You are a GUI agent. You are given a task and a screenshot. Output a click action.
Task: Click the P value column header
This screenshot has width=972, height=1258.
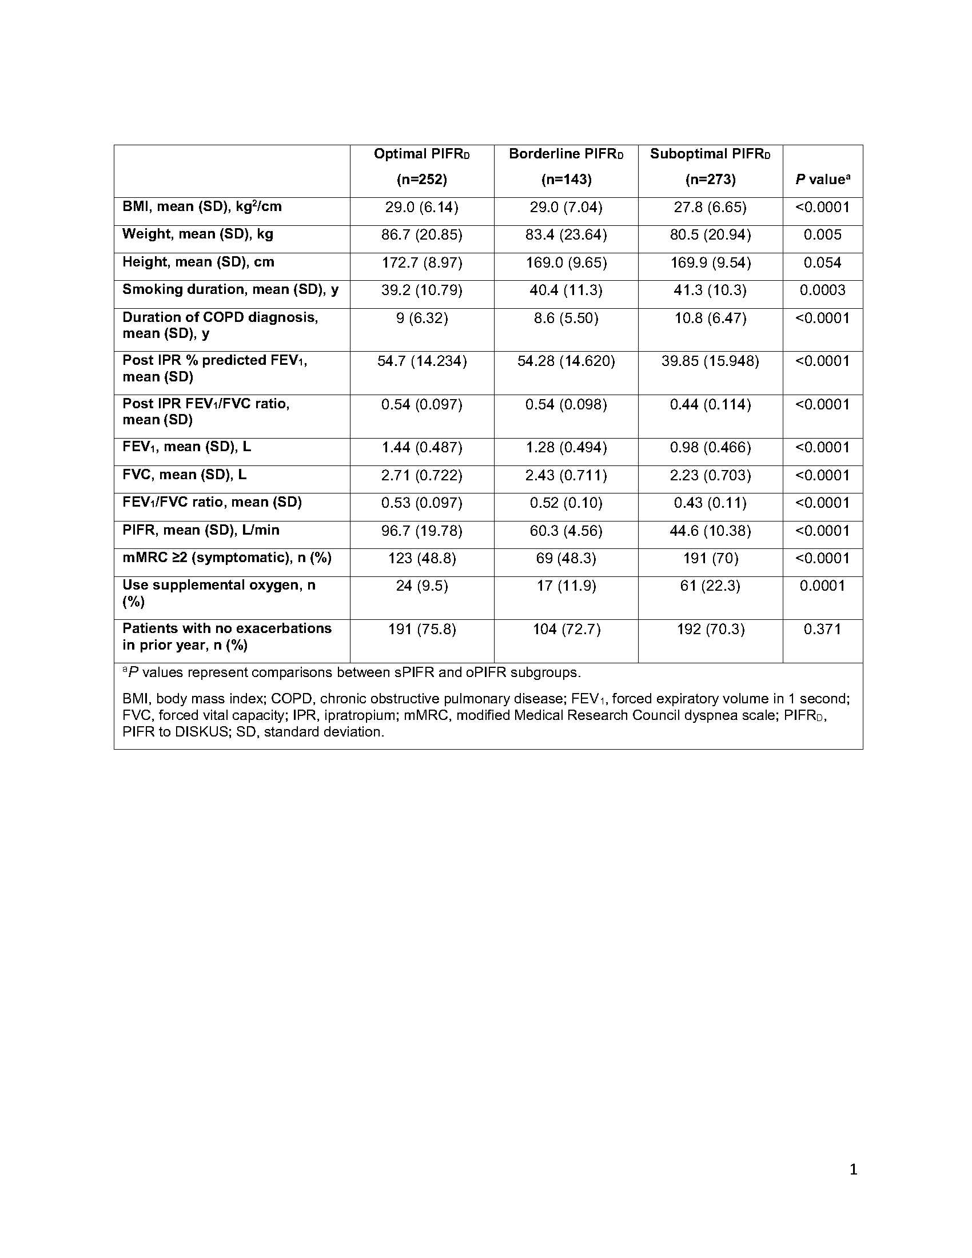(822, 180)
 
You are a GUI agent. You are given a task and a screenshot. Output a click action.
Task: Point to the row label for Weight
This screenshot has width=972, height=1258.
(197, 234)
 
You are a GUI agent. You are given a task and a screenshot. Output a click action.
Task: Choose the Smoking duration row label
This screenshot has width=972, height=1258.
(230, 289)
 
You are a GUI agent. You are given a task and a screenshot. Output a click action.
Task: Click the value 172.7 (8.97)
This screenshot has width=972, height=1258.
(421, 262)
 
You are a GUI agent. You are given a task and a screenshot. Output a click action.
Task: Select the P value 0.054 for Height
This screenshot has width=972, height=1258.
(822, 262)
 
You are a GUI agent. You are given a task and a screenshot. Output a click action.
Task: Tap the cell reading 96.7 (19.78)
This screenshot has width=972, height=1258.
(421, 531)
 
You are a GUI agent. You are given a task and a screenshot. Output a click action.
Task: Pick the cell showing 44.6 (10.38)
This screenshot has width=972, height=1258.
(710, 531)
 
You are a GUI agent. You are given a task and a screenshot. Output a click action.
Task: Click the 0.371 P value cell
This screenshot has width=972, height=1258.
(822, 629)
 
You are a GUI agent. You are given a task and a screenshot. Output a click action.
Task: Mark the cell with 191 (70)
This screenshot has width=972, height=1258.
(710, 558)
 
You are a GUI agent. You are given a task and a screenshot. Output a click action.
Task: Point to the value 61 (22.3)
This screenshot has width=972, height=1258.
(710, 586)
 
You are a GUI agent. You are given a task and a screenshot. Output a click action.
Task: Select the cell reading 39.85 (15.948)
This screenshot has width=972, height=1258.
(710, 361)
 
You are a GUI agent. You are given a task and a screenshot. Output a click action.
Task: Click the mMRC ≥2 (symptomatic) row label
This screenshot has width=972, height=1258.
(227, 558)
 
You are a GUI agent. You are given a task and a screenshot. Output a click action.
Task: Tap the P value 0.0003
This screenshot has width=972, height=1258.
(822, 290)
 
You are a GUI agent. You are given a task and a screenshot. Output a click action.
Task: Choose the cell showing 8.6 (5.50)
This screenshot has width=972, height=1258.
(565, 318)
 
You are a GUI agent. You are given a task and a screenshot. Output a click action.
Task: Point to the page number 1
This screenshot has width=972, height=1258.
(854, 1169)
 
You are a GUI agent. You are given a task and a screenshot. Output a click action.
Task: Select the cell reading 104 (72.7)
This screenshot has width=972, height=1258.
(566, 629)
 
